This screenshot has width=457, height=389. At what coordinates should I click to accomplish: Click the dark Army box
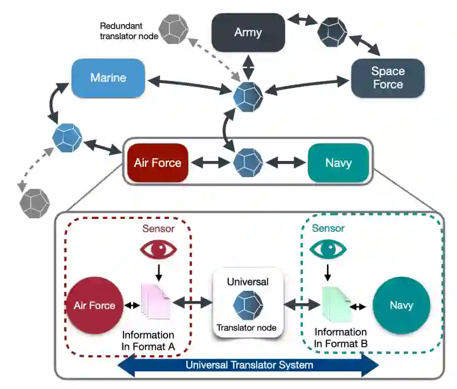(248, 32)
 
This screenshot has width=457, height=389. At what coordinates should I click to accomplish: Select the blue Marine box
(108, 78)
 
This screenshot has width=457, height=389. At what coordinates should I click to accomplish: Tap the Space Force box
(388, 78)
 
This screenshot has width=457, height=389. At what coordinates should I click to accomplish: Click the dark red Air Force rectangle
(158, 163)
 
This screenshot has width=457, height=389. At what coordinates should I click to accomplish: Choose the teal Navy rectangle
(338, 163)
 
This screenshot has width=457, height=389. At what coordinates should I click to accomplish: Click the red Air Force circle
(95, 305)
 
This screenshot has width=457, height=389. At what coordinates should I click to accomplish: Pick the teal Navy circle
(401, 305)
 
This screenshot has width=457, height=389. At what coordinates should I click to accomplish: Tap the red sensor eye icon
(158, 249)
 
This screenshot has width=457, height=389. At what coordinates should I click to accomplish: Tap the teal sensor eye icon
(328, 249)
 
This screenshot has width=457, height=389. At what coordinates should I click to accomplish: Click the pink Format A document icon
(156, 302)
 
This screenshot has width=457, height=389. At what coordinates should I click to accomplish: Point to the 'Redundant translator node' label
(129, 31)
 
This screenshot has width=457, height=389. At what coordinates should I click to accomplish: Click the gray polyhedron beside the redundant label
(173, 30)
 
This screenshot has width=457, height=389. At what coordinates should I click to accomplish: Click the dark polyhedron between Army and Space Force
(332, 32)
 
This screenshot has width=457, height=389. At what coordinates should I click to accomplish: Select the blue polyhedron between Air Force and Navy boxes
(248, 163)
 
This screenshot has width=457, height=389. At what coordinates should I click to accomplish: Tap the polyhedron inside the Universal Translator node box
(248, 305)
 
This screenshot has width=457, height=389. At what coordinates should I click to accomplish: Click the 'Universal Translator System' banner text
(250, 365)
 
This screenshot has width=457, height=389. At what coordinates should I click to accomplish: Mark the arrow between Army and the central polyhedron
(248, 67)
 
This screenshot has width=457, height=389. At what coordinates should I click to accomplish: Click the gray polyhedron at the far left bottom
(35, 203)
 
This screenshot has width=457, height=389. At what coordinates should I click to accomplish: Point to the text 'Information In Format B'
(340, 337)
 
